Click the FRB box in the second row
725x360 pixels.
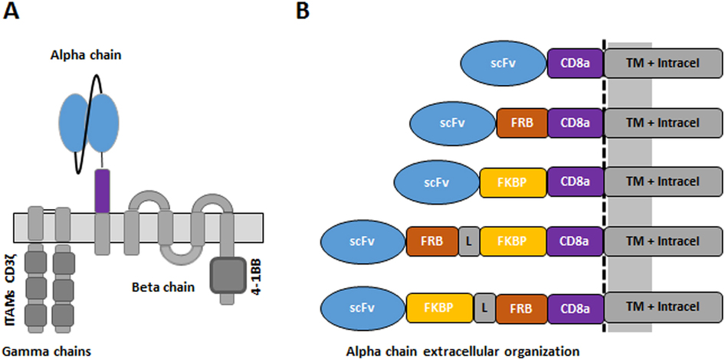[x=522, y=122]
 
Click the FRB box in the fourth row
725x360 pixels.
[x=431, y=243]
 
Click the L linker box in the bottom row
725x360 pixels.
[x=484, y=307]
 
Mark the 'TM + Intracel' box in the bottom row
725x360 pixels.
[x=663, y=307]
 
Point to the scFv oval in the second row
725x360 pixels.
[x=453, y=122]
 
